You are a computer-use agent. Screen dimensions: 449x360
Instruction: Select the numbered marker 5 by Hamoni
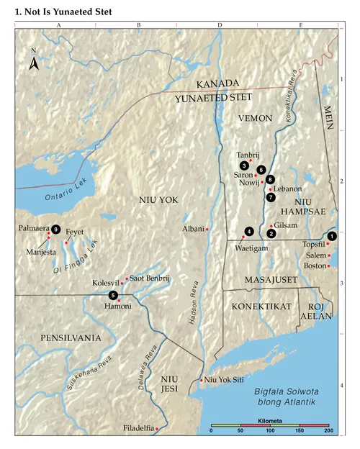click(113, 295)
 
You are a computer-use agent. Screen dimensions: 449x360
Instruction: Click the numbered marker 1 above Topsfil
click(332, 236)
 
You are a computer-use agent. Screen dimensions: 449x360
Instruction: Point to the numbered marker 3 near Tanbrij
click(245, 165)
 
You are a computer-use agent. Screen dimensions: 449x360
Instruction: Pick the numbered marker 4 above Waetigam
click(248, 232)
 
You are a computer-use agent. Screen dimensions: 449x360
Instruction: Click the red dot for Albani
click(207, 229)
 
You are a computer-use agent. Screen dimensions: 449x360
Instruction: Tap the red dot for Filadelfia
click(158, 429)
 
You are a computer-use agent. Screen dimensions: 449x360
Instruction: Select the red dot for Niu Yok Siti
click(201, 380)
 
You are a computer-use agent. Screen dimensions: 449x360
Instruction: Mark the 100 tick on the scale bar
click(270, 430)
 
